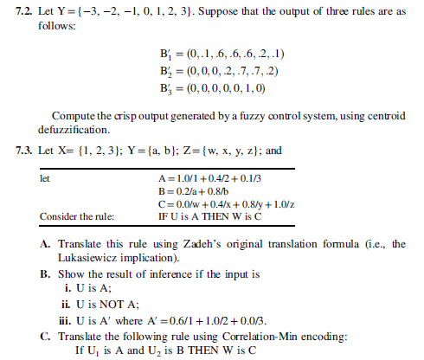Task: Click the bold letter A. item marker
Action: point(45,245)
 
